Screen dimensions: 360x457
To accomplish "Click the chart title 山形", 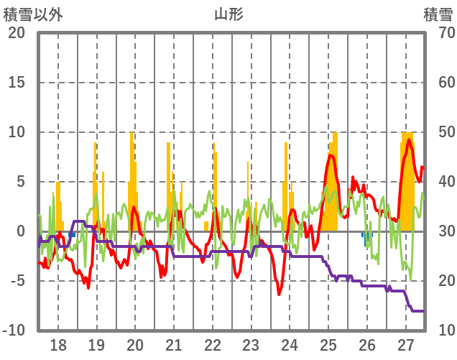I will click(x=228, y=14).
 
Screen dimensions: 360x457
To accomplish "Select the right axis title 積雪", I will click(x=438, y=14).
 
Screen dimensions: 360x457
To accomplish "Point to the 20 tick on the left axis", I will click(x=17, y=33).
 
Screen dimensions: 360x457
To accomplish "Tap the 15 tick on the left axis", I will click(x=17, y=83).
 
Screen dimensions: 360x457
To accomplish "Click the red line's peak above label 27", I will click(x=409, y=139).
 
